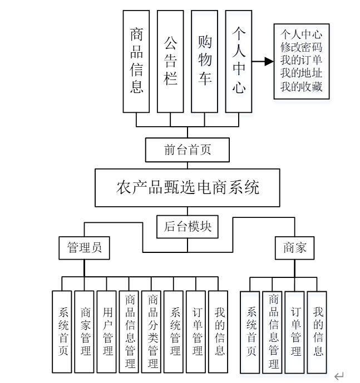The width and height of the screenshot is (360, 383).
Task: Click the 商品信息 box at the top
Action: (x=136, y=61)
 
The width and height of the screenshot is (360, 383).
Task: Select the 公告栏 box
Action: (x=170, y=61)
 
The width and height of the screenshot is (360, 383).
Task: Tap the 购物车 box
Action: (x=204, y=61)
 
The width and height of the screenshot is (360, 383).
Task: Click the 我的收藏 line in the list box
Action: (x=301, y=87)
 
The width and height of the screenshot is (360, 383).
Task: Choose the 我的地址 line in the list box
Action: (x=301, y=74)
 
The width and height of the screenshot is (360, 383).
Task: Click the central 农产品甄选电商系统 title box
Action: (x=188, y=187)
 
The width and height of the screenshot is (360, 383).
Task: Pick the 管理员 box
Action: (x=84, y=248)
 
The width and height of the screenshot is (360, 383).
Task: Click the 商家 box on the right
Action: (x=295, y=248)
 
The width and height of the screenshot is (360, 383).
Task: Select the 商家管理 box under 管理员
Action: (x=85, y=331)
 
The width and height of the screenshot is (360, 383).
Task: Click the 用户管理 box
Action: (x=107, y=331)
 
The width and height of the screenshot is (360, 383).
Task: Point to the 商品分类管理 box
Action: (x=152, y=331)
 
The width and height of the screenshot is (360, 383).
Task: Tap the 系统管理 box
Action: (x=175, y=331)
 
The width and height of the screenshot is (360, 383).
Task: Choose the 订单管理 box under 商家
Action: (x=295, y=332)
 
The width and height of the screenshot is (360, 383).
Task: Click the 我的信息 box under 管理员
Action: (x=219, y=331)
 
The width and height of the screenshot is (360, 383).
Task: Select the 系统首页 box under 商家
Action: (x=250, y=332)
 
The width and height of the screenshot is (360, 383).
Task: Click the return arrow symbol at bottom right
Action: (x=339, y=376)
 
